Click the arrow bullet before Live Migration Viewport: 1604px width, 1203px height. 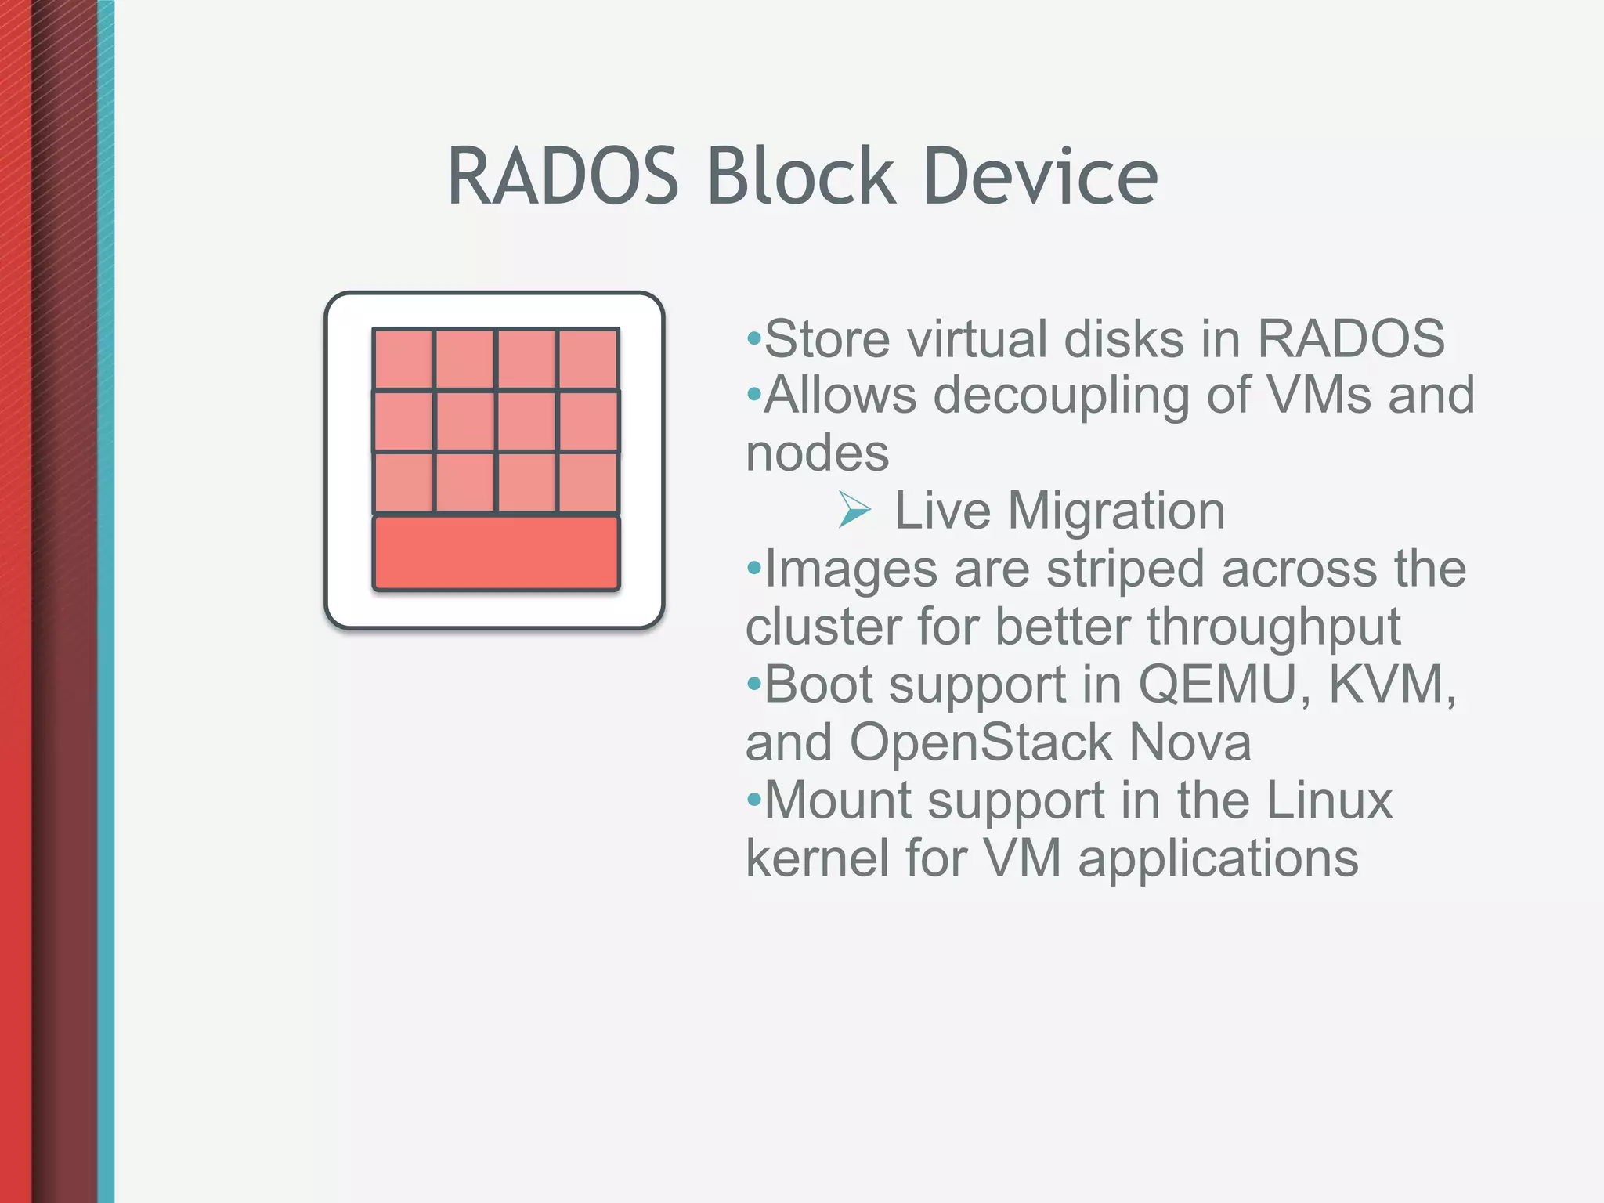click(x=854, y=510)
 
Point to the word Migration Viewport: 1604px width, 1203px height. click(x=1116, y=511)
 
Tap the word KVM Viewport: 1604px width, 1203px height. click(x=1392, y=685)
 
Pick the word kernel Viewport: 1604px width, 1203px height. click(x=817, y=858)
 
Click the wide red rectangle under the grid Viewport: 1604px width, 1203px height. click(x=496, y=553)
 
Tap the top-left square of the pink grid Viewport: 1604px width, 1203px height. click(x=403, y=359)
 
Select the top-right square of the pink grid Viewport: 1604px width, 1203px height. click(x=589, y=359)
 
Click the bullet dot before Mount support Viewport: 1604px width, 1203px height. click(x=753, y=800)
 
